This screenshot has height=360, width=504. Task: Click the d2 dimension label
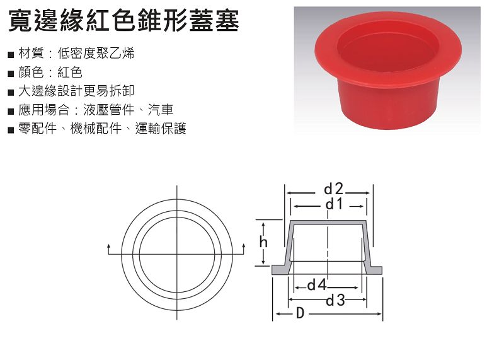tap(333, 189)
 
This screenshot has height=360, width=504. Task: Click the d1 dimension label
tap(335, 204)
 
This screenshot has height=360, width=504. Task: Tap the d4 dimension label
tap(317, 285)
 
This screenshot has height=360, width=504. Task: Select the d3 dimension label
tap(335, 301)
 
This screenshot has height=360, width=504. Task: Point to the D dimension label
tap(300, 313)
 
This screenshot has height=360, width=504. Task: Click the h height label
tap(263, 241)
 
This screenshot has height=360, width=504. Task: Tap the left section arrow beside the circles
tap(108, 249)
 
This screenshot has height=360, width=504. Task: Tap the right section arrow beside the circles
tap(244, 249)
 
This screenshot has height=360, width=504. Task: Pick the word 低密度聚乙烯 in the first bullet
tap(96, 53)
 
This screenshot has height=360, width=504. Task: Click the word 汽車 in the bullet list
tap(161, 110)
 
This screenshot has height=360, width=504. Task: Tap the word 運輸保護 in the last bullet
tap(161, 129)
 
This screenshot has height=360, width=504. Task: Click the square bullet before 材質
tap(11, 55)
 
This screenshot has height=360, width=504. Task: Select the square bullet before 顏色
tap(11, 74)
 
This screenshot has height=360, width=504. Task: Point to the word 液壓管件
tap(109, 110)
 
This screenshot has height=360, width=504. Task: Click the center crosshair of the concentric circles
tap(177, 255)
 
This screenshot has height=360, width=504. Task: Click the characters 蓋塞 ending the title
tap(214, 21)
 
